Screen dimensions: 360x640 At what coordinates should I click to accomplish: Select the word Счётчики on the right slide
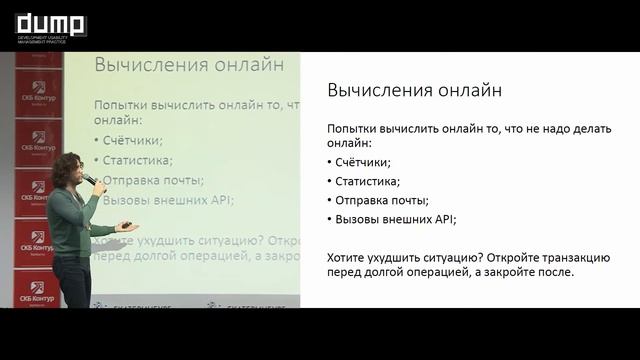point(363,162)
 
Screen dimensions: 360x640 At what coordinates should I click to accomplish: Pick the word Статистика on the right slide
point(367,181)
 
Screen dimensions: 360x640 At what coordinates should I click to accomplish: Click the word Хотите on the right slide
point(347,257)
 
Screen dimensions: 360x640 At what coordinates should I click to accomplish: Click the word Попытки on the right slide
point(354,129)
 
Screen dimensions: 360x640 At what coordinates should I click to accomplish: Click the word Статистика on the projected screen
point(137,160)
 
